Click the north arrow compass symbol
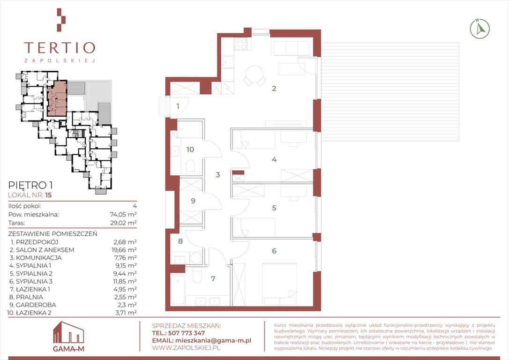pyautogui.click(x=480, y=29)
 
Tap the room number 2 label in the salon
pyautogui.click(x=274, y=88)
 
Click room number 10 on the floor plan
pyautogui.click(x=190, y=150)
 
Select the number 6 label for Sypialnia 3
pyautogui.click(x=274, y=251)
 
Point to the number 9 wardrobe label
pyautogui.click(x=193, y=201)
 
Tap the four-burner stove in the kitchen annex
pyautogui.click(x=240, y=44)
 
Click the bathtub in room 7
pyautogui.click(x=178, y=290)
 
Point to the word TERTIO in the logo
pyautogui.click(x=60, y=48)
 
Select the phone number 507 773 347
pyautogui.click(x=187, y=333)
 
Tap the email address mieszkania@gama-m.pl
pyautogui.click(x=213, y=340)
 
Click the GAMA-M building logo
pyautogui.click(x=68, y=337)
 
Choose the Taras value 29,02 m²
pyautogui.click(x=123, y=223)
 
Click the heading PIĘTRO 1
pyautogui.click(x=30, y=185)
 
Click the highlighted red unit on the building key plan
pyautogui.click(x=57, y=99)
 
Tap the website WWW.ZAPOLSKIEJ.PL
pyautogui.click(x=186, y=348)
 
